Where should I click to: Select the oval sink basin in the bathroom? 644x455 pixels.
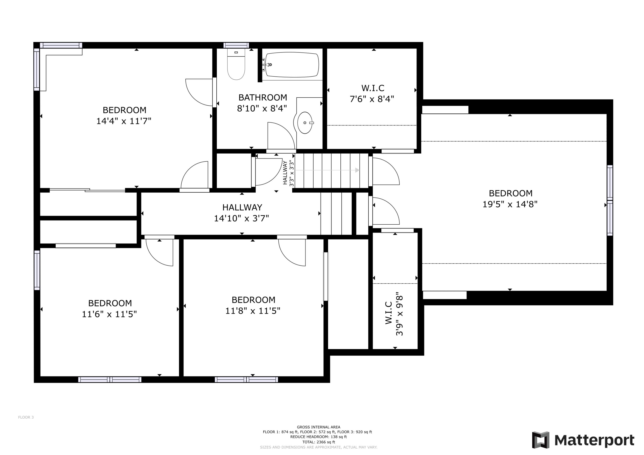(x=305, y=123)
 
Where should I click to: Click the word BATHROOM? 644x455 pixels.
(x=263, y=98)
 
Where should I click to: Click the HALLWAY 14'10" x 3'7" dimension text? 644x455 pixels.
(x=241, y=218)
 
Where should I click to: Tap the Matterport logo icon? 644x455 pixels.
(x=541, y=440)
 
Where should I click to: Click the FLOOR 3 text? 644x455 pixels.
(x=26, y=417)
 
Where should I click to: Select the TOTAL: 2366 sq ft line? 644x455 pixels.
(x=318, y=442)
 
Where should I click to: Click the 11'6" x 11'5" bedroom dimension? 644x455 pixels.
(x=109, y=314)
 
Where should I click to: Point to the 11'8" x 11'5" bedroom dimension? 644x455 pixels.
(x=253, y=311)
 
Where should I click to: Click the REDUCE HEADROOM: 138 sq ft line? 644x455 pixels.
(x=318, y=437)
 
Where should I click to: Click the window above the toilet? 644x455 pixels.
(x=236, y=45)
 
